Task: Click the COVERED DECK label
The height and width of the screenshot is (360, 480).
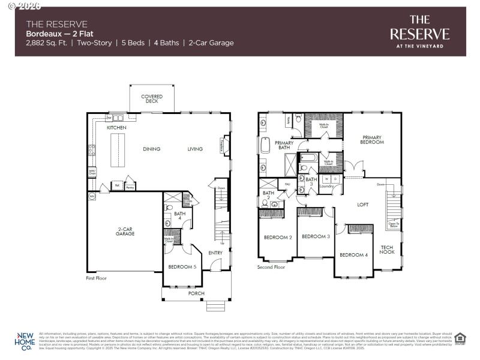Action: (152, 99)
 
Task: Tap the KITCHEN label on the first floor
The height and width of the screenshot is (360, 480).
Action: (116, 128)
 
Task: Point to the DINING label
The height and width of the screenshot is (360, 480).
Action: (151, 149)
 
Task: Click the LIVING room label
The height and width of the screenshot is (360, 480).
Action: (195, 149)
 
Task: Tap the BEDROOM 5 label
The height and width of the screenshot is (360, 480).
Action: (182, 266)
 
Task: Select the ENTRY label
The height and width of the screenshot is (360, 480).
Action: (215, 253)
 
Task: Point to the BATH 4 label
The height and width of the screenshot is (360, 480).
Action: (179, 216)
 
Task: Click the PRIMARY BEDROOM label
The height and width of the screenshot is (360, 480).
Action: (372, 140)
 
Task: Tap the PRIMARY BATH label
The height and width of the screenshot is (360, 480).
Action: (284, 145)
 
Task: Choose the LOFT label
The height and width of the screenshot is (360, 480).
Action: (362, 205)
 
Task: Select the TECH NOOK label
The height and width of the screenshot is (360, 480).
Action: (387, 250)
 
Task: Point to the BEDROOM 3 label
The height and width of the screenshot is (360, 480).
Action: (316, 236)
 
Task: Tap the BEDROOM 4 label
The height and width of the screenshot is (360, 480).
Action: (353, 255)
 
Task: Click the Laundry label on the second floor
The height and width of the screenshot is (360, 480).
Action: (326, 186)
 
